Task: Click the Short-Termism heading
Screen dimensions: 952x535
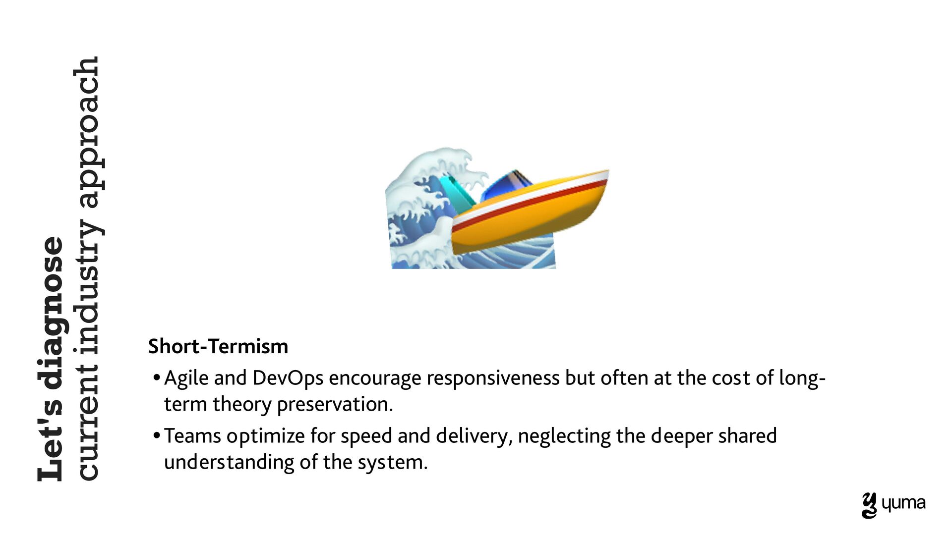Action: coord(218,346)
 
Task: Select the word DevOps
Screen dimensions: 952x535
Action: coord(288,378)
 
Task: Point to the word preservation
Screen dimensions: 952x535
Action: coord(335,405)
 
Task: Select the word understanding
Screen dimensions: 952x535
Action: coord(229,463)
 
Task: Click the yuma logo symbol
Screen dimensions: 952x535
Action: coord(869,506)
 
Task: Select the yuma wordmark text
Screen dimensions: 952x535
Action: coord(903,504)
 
